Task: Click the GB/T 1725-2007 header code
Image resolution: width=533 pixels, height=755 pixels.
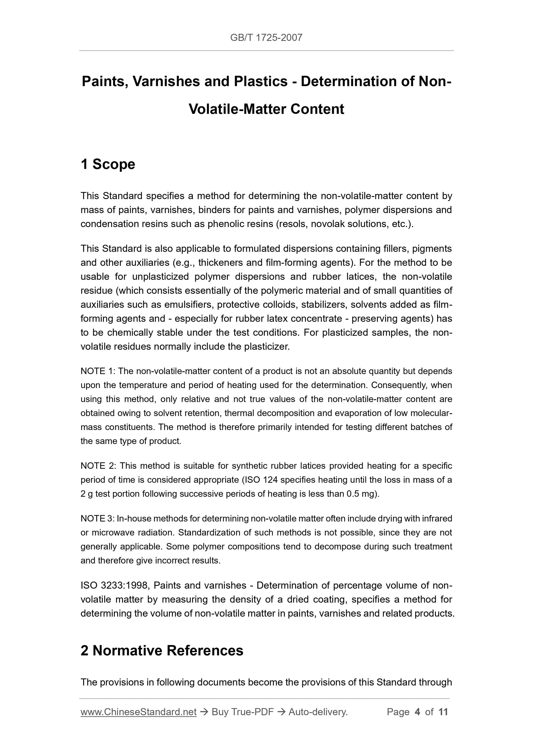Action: point(266,38)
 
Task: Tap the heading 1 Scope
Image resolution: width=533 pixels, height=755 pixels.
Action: point(108,164)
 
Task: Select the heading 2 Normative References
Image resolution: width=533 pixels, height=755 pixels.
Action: point(162,650)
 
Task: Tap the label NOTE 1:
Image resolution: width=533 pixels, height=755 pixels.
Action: point(98,371)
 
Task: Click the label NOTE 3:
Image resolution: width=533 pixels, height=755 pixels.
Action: point(98,519)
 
